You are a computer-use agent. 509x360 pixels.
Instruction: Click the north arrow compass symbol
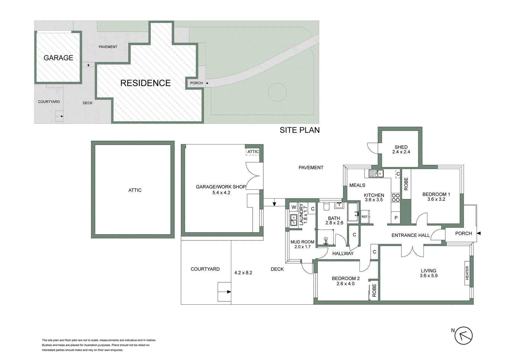click(463, 335)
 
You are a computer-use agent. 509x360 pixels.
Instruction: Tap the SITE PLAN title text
click(299, 130)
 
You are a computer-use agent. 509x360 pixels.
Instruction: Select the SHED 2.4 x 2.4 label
click(401, 149)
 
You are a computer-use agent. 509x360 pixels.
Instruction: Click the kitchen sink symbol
click(376, 173)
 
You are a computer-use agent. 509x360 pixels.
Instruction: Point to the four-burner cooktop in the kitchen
click(395, 198)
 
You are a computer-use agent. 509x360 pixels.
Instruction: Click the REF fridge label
click(365, 217)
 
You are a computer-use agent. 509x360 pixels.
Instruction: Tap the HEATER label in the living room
click(467, 273)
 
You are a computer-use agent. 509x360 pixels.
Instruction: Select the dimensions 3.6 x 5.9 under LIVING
click(429, 276)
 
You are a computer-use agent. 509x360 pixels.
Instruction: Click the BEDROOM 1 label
click(436, 194)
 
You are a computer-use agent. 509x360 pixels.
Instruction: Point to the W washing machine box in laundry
click(294, 207)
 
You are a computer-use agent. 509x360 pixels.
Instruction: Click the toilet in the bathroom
click(326, 207)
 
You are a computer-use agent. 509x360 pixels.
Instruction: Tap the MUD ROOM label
click(302, 242)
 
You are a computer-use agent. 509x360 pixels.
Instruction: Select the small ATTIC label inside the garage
click(253, 152)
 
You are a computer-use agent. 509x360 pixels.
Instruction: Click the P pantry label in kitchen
click(396, 218)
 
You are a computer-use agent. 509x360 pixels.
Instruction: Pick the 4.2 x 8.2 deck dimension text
click(243, 273)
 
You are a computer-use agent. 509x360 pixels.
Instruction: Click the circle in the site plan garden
click(277, 92)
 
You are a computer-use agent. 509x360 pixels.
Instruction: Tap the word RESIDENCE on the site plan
click(145, 83)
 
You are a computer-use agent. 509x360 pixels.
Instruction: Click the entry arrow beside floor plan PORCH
click(478, 233)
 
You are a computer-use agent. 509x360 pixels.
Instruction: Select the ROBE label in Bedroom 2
click(374, 290)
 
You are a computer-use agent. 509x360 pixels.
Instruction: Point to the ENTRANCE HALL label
click(410, 235)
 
